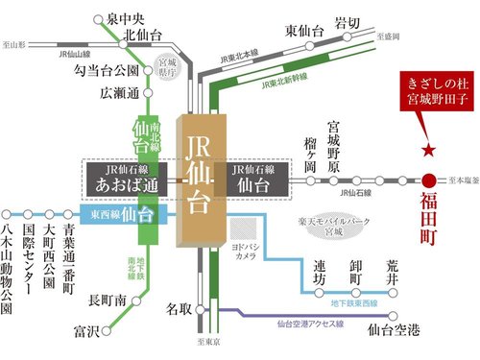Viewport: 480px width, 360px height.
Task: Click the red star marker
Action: [428, 151]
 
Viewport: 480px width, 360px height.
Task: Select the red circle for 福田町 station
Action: [428, 180]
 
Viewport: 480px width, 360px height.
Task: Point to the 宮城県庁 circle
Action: [170, 73]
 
